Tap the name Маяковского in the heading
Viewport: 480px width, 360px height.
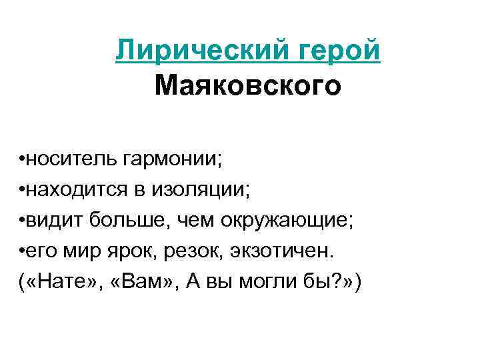pos(247,85)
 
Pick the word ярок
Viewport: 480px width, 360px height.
pos(130,253)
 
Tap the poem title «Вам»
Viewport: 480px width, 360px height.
pos(134,283)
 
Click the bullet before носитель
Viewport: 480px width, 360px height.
pos(23,161)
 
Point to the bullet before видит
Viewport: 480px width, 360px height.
pos(23,223)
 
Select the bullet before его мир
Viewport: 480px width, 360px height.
pos(23,253)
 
